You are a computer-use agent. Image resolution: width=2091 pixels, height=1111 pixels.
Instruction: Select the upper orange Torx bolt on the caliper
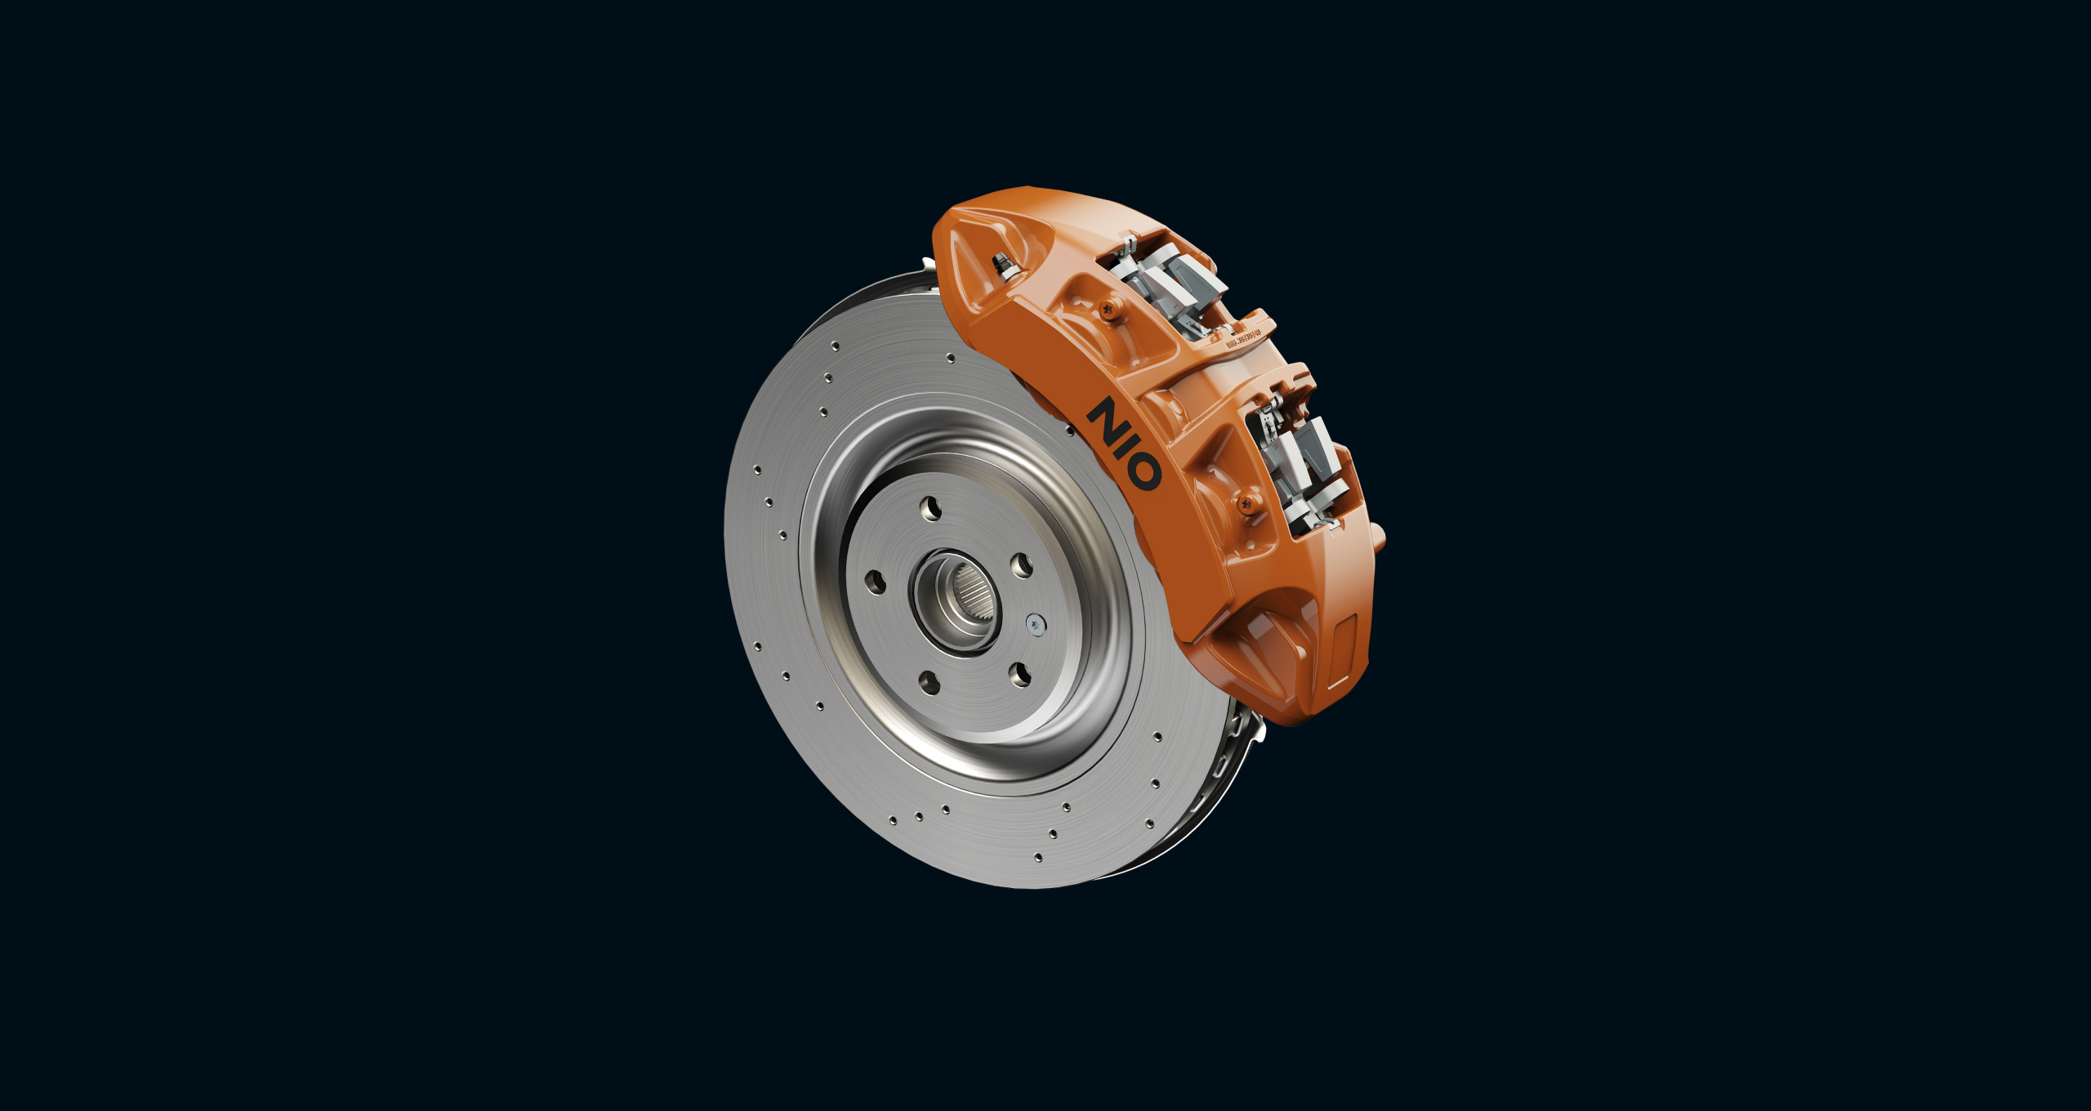point(1108,309)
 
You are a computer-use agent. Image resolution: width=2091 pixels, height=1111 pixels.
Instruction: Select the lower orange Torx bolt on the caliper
point(1247,503)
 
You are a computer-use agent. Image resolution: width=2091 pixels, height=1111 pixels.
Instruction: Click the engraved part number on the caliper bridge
point(1243,338)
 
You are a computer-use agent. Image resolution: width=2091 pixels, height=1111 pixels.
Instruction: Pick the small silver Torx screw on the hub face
point(1036,624)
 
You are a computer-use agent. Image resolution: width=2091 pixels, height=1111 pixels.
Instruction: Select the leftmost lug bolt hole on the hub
point(875,582)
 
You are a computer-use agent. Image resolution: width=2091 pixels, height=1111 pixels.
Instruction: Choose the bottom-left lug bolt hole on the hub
point(930,682)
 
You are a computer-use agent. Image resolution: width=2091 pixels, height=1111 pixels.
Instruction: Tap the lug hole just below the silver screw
point(1020,674)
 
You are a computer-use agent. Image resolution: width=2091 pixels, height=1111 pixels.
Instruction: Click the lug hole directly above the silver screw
point(1022,565)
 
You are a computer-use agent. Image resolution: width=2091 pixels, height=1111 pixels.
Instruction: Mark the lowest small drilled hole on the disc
point(1037,857)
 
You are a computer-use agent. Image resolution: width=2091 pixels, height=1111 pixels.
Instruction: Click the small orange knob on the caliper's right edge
point(1380,537)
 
